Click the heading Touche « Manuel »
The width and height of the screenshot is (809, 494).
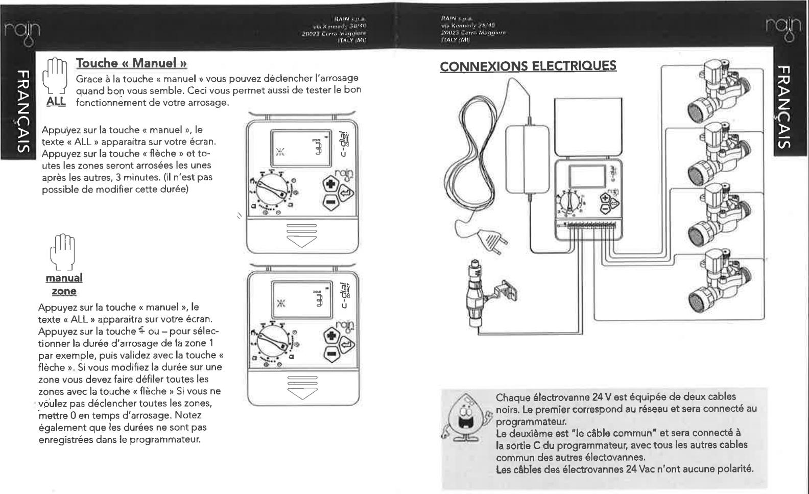(x=131, y=63)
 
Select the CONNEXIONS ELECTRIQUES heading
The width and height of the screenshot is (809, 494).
(x=528, y=66)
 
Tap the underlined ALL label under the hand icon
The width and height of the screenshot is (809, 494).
(x=56, y=101)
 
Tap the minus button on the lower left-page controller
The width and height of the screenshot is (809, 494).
(x=331, y=353)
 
